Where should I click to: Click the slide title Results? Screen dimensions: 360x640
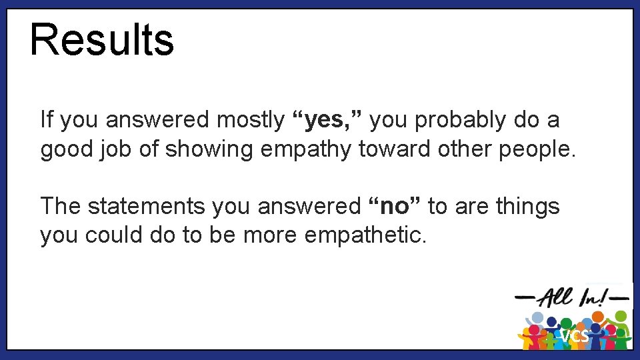pos(101,39)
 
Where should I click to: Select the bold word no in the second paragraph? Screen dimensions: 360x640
pos(397,207)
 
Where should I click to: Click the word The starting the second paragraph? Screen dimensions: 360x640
pos(61,207)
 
